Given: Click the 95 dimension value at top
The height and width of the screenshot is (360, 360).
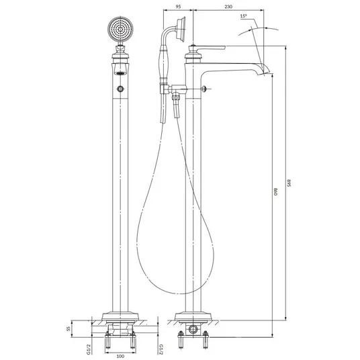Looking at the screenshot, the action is (x=178, y=7).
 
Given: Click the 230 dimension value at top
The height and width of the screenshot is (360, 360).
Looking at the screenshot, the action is (x=228, y=7).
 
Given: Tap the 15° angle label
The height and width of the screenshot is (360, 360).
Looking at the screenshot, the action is (x=244, y=16).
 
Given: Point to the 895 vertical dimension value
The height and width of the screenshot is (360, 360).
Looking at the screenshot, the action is (x=289, y=183).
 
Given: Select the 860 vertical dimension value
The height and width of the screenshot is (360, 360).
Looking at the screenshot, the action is (x=276, y=191).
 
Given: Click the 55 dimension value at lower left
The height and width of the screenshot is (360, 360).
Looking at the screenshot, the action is (x=69, y=329).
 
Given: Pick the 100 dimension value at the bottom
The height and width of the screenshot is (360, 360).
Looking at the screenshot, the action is (x=120, y=356).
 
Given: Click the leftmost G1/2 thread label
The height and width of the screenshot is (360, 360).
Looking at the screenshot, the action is (x=89, y=349).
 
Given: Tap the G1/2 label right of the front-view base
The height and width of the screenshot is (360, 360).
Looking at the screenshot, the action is (x=161, y=349).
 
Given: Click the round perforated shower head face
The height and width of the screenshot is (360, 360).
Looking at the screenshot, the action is (x=120, y=29).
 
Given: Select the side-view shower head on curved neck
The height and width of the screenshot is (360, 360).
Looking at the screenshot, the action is (x=181, y=29).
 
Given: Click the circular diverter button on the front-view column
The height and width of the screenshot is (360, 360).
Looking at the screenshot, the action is (x=120, y=89).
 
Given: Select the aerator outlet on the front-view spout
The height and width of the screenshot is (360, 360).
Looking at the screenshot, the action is (x=120, y=73).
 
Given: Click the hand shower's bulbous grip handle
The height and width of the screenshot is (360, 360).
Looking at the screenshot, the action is (x=163, y=62).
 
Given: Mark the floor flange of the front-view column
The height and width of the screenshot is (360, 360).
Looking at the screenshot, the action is (x=120, y=316).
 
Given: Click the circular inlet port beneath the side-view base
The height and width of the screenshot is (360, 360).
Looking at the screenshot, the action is (x=193, y=329).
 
